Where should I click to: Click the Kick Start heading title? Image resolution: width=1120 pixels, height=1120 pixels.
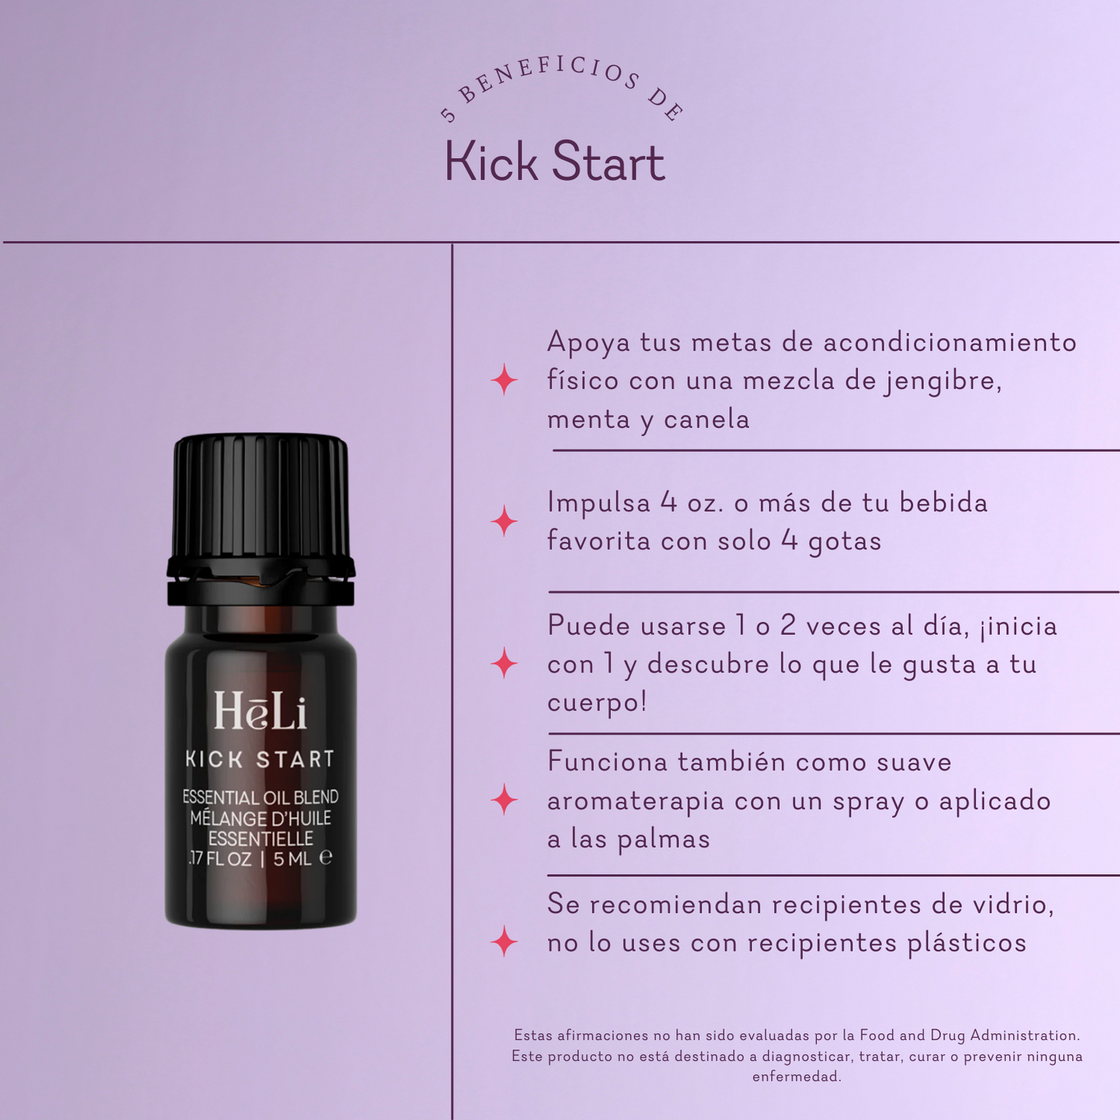point(554,162)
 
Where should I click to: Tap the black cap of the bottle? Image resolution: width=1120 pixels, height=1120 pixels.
point(260,504)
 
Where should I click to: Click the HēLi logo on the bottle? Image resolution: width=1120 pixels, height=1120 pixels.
point(260,711)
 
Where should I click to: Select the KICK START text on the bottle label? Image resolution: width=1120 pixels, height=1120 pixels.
point(260,760)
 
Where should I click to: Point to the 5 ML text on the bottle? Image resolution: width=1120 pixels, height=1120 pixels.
point(293,859)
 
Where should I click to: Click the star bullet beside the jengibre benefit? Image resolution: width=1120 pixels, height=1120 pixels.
point(505,380)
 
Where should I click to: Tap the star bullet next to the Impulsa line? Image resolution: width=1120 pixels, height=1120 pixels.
point(505,521)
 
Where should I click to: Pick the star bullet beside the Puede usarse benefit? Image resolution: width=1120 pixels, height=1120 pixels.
point(505,663)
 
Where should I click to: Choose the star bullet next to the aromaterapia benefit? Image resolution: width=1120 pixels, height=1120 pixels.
point(505,799)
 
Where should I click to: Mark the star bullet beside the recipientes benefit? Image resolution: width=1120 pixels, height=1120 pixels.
point(505,941)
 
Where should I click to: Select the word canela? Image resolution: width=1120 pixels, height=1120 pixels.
point(706,419)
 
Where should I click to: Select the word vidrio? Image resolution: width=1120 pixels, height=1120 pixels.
point(1008,905)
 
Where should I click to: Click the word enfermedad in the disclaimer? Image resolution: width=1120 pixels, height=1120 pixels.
point(796,1077)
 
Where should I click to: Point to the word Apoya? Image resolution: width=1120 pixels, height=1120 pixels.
point(588,343)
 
